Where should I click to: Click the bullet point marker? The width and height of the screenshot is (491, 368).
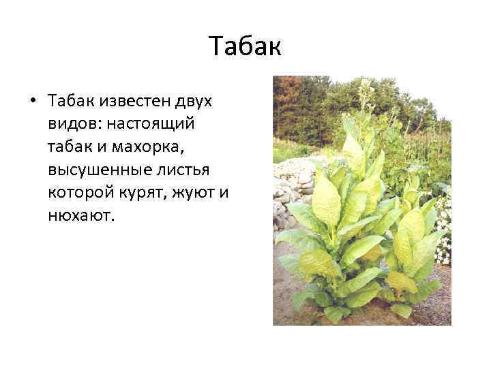point(32,102)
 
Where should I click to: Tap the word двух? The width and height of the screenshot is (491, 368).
point(192,101)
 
